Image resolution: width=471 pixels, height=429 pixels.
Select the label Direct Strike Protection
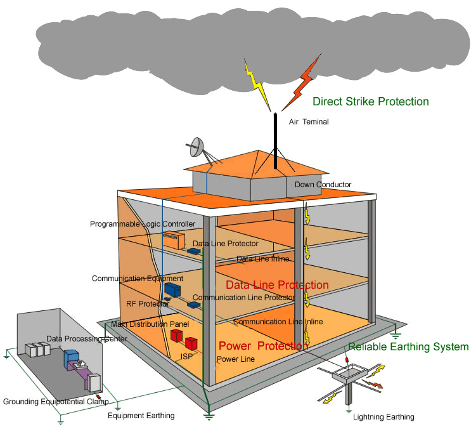(x=370, y=102)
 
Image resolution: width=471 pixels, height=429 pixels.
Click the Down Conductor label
(x=323, y=185)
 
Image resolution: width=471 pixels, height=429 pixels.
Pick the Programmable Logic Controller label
(x=143, y=224)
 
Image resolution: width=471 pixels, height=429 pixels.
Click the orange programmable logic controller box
(x=173, y=240)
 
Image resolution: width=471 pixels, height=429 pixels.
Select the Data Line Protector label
(x=225, y=244)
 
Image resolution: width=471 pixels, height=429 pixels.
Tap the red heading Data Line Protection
(x=277, y=285)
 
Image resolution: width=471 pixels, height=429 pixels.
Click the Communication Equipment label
(x=138, y=279)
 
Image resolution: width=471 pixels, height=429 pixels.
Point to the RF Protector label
(x=147, y=304)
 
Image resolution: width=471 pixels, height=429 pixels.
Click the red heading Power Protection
(x=262, y=346)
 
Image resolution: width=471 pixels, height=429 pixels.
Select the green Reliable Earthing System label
(x=408, y=346)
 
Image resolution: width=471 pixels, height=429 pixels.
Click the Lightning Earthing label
(x=383, y=417)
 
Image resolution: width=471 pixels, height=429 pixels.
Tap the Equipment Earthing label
(x=141, y=416)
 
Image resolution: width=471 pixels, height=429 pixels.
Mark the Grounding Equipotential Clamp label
(x=56, y=402)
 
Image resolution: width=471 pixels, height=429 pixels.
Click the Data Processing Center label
(x=86, y=339)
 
